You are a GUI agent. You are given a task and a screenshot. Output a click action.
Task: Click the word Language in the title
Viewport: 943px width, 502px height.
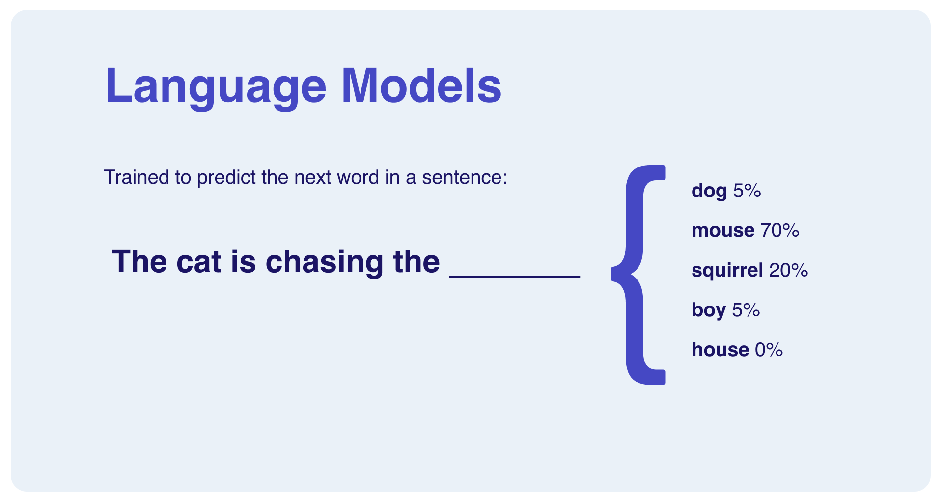click(215, 86)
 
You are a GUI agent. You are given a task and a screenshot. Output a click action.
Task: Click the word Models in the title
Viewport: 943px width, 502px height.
click(421, 86)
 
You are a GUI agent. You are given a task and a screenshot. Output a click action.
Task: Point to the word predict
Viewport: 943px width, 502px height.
click(226, 178)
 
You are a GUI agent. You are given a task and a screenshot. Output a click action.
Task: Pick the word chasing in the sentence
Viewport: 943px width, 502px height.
click(324, 262)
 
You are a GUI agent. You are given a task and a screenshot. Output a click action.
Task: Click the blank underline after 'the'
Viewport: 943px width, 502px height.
click(514, 277)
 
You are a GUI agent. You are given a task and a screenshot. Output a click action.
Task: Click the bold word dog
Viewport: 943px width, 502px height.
click(709, 191)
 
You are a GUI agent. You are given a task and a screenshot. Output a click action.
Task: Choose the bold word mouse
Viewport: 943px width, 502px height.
click(722, 230)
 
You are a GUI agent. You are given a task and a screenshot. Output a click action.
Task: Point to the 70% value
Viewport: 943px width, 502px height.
click(779, 230)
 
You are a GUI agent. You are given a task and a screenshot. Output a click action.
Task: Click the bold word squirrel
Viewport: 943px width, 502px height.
click(727, 271)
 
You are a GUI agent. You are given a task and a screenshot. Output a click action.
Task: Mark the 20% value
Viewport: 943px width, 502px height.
click(788, 270)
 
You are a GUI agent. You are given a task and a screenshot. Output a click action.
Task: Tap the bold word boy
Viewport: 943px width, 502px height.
click(708, 310)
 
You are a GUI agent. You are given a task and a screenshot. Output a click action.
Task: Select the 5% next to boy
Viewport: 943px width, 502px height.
click(746, 310)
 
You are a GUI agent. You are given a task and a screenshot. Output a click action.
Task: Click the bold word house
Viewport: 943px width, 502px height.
click(720, 350)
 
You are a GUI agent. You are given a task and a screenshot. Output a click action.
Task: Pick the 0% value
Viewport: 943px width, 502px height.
click(769, 350)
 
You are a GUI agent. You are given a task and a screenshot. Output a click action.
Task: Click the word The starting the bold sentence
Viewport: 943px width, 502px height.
click(139, 261)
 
